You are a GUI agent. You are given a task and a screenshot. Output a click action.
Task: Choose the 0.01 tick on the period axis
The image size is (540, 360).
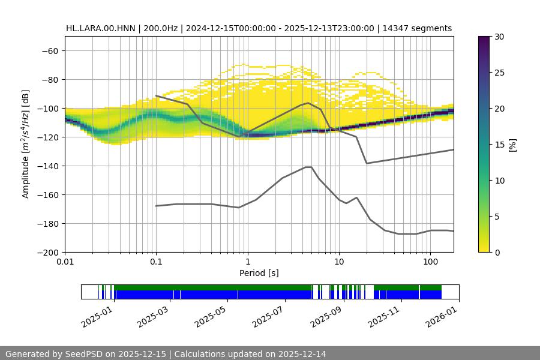[65, 262]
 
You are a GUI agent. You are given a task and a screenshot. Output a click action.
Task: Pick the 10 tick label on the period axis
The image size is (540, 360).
[339, 262]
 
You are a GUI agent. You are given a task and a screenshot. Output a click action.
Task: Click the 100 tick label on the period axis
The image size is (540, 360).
[430, 262]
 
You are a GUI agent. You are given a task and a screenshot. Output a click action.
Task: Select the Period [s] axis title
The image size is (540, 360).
[259, 273]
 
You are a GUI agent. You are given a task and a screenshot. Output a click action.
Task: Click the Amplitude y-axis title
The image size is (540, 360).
[26, 144]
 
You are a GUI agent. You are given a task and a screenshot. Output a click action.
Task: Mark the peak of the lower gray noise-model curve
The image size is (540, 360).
[308, 167]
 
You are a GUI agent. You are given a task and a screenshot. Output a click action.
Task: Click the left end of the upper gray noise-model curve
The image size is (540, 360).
[156, 95]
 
